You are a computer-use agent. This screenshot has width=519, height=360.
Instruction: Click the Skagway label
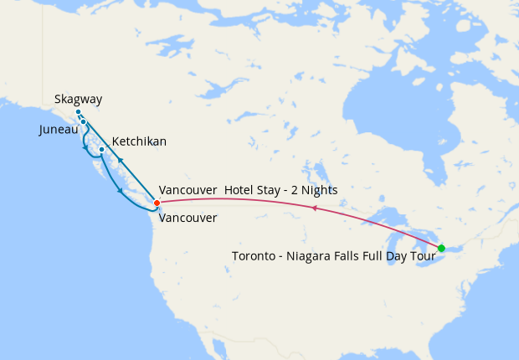[x=78, y=100]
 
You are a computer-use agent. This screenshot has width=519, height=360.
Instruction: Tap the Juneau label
[x=59, y=131]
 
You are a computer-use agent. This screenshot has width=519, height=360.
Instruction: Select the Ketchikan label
[x=138, y=141]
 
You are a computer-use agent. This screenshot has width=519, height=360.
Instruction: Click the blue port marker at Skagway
[x=78, y=112]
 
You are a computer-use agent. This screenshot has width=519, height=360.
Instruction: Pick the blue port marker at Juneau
[x=84, y=122]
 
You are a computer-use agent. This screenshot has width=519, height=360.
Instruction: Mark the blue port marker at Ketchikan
[x=101, y=150]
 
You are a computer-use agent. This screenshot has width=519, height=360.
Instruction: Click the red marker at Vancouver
[x=157, y=203]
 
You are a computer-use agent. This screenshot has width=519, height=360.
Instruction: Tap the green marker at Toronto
[x=441, y=248]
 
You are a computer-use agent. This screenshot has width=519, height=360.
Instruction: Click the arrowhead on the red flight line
[x=313, y=208]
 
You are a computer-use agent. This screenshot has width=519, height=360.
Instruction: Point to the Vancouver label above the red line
[x=188, y=190]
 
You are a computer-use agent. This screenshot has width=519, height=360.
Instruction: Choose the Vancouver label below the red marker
[x=188, y=218]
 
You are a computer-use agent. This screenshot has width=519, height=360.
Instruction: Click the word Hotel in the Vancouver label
[x=240, y=190]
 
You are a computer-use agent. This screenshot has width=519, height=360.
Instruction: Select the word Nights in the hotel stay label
[x=318, y=190]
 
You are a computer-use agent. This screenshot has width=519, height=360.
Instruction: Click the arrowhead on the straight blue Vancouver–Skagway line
[x=121, y=159]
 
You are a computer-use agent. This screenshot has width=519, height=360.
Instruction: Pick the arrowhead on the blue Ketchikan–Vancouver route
[x=121, y=190]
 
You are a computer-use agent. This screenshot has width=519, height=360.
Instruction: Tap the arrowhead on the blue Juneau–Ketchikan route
[x=85, y=148]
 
